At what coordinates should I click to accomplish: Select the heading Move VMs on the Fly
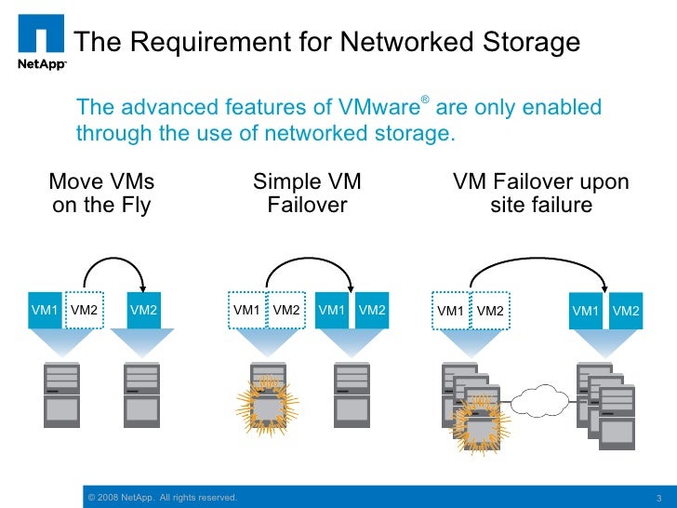[x=101, y=193]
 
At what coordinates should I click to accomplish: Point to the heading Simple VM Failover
[x=307, y=193]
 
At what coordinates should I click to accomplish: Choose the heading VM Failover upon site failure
[x=540, y=193]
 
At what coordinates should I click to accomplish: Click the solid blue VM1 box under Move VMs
[x=46, y=310]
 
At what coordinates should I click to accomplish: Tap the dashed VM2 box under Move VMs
[x=85, y=310]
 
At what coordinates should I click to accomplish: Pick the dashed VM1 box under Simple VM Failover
[x=246, y=310]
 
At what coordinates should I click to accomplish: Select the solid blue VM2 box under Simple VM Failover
[x=372, y=310]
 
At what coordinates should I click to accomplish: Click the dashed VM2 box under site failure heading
[x=490, y=311]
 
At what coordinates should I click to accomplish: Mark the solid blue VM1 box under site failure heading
[x=586, y=311]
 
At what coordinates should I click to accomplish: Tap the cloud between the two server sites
[x=539, y=401]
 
